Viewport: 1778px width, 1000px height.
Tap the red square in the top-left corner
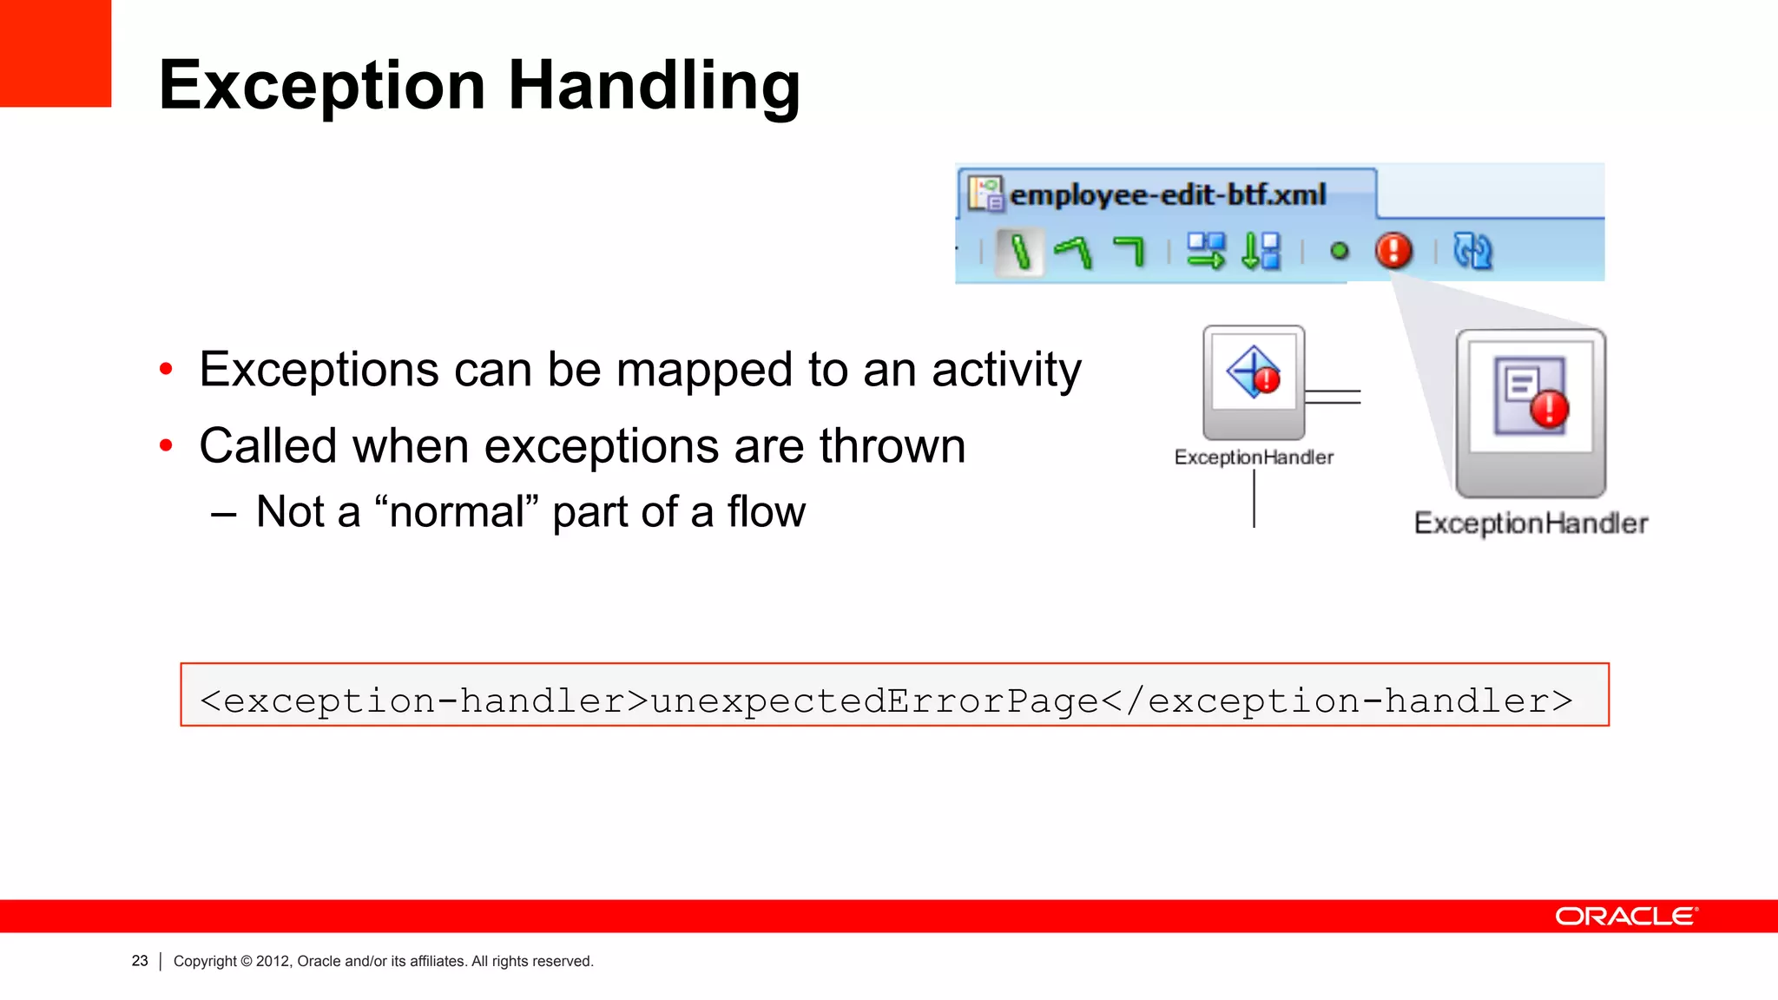click(55, 52)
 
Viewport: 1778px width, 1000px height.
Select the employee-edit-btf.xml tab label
click(1168, 194)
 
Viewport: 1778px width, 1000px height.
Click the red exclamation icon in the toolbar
click(1393, 251)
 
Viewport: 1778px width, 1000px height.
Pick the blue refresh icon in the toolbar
click(1472, 251)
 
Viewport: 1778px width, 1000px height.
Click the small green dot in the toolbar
click(1340, 251)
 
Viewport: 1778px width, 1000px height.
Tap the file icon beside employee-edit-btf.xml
click(986, 194)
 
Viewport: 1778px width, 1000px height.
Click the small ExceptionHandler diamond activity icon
click(1254, 373)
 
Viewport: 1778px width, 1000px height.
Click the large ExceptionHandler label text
click(1531, 523)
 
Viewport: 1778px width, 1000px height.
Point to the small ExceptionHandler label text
click(1254, 457)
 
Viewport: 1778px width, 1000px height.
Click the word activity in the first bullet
click(1006, 370)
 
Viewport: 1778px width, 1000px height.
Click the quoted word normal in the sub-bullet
click(457, 512)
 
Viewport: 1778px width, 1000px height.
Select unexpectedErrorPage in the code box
click(875, 701)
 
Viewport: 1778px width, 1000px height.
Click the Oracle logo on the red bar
click(1625, 917)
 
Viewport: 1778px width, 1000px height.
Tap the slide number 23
click(140, 961)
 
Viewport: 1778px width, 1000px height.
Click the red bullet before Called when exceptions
click(167, 446)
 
